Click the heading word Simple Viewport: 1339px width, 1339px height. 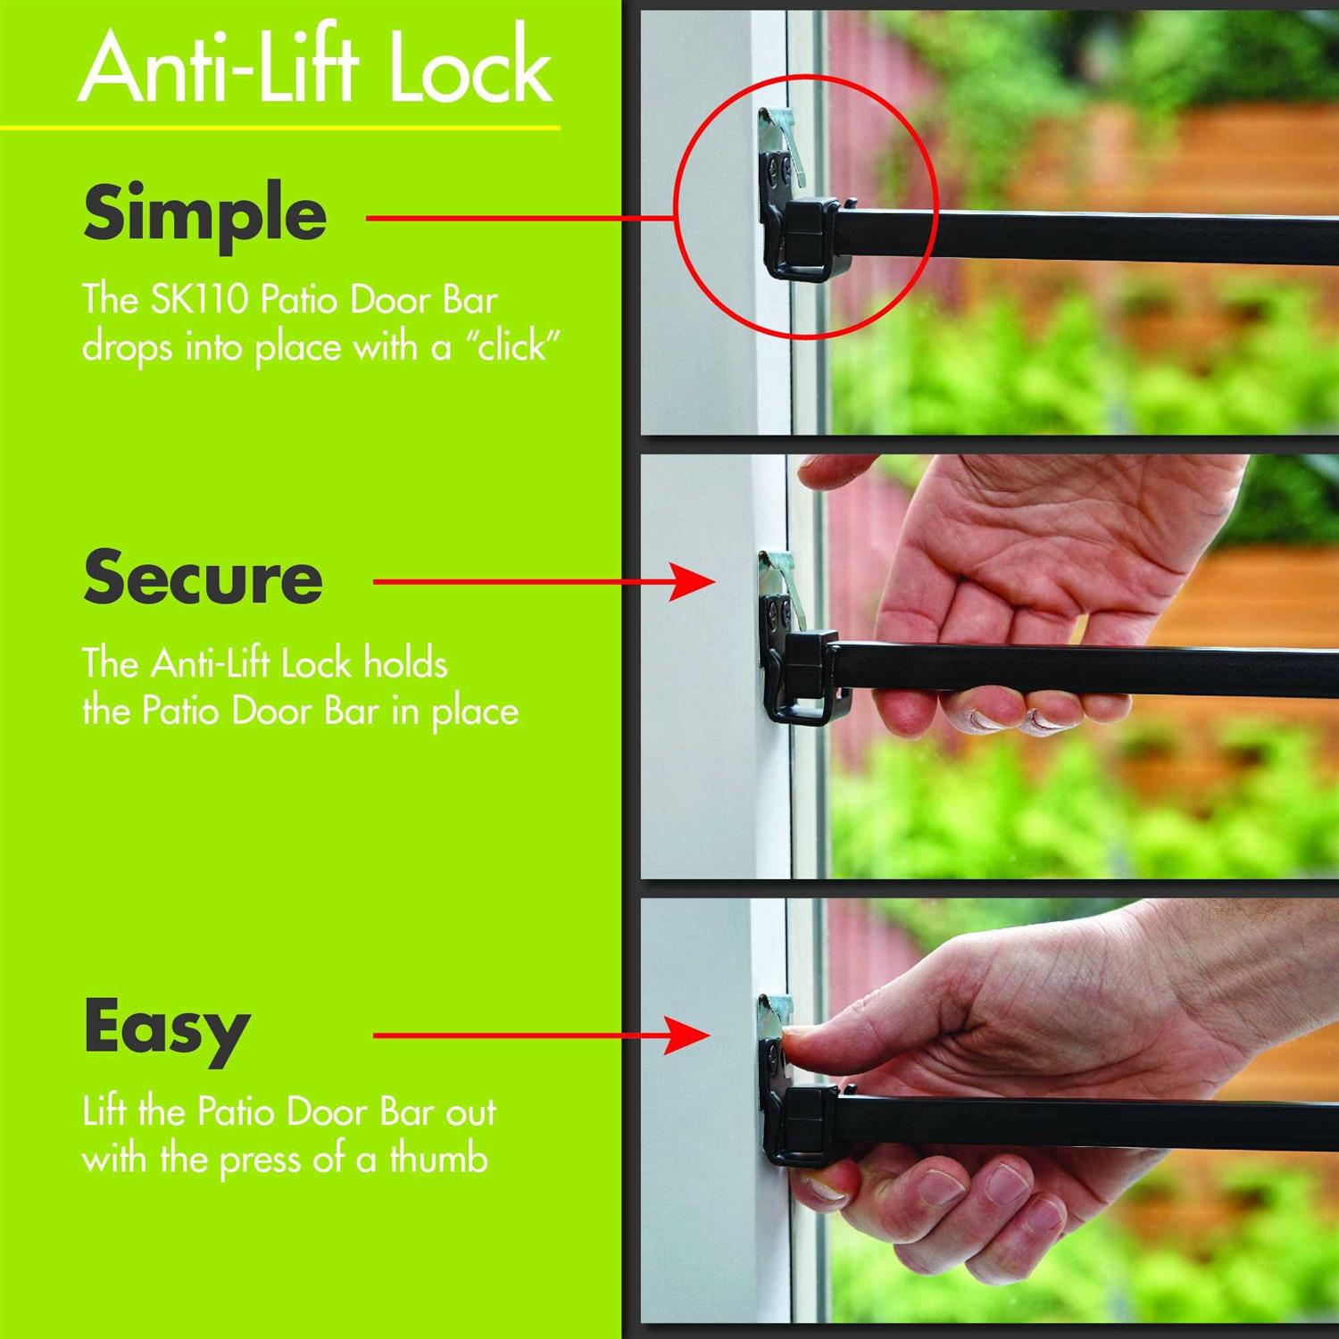pos(204,215)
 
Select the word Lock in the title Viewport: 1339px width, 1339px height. pos(470,68)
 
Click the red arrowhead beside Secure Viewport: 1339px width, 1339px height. pos(693,582)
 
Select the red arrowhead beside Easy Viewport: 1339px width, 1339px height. pos(689,1036)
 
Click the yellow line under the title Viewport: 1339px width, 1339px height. pos(280,129)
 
